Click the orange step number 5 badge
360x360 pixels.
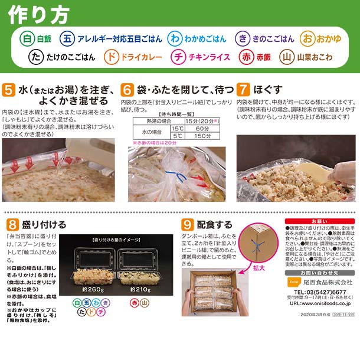9,90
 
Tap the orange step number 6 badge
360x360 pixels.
127,90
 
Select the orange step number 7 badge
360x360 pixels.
243,90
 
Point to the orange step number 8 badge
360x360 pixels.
11,224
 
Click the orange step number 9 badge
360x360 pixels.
188,224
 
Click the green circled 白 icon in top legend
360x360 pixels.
27,38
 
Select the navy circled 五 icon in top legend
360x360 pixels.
69,38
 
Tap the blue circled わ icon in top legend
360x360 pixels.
174,38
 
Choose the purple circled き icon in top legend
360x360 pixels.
242,38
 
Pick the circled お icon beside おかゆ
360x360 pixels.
307,38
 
